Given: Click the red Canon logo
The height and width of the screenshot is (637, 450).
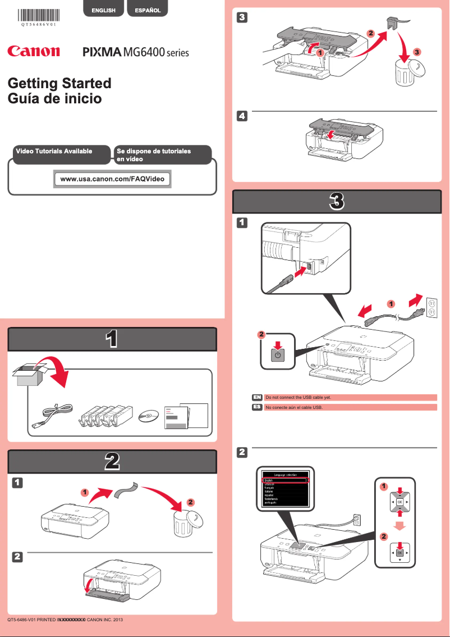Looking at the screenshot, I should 33,52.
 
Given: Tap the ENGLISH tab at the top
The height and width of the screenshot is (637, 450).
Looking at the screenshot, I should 104,10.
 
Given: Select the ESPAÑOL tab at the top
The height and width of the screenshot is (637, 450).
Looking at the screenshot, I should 148,10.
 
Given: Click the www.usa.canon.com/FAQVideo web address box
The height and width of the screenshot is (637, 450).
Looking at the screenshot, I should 112,179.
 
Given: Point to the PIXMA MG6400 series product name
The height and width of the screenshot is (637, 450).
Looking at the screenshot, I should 136,53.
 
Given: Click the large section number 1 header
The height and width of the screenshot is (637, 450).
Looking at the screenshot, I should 112,339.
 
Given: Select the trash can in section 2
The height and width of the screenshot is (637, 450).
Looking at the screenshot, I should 185,523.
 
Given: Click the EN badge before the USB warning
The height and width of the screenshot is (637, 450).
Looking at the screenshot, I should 257,397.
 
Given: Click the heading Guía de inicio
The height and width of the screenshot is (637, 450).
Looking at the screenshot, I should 54,99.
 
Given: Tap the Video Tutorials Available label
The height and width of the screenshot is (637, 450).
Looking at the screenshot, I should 54,152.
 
